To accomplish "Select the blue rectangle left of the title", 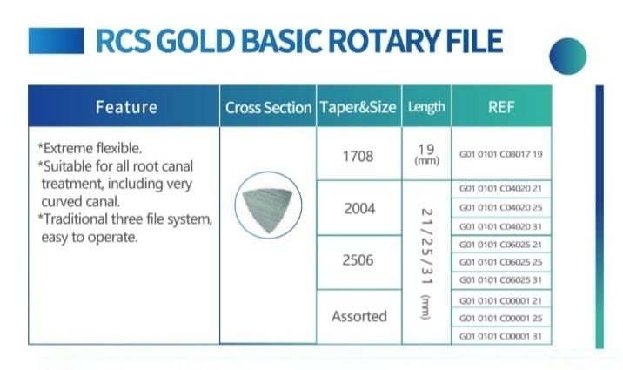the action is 57,41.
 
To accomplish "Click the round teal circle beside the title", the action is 568,56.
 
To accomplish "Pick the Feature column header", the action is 126,107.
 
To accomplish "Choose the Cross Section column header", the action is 268,108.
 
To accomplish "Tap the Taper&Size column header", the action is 358,107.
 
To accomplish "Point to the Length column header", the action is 426,107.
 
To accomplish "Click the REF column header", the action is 501,107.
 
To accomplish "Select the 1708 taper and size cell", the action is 358,156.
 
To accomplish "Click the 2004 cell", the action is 359,208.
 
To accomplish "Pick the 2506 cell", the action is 358,260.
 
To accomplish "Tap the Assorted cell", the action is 359,316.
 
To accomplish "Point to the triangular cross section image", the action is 267,210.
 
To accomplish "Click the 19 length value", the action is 426,150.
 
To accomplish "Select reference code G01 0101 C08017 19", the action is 500,154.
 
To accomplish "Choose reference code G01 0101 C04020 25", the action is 500,207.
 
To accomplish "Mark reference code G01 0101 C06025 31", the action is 500,279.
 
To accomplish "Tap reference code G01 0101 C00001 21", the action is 500,301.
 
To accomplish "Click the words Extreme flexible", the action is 92,148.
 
